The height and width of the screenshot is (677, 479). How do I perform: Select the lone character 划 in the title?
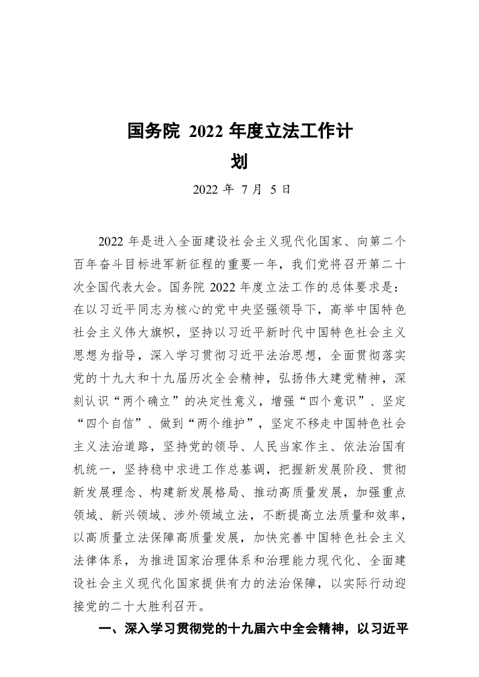[x=239, y=161]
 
